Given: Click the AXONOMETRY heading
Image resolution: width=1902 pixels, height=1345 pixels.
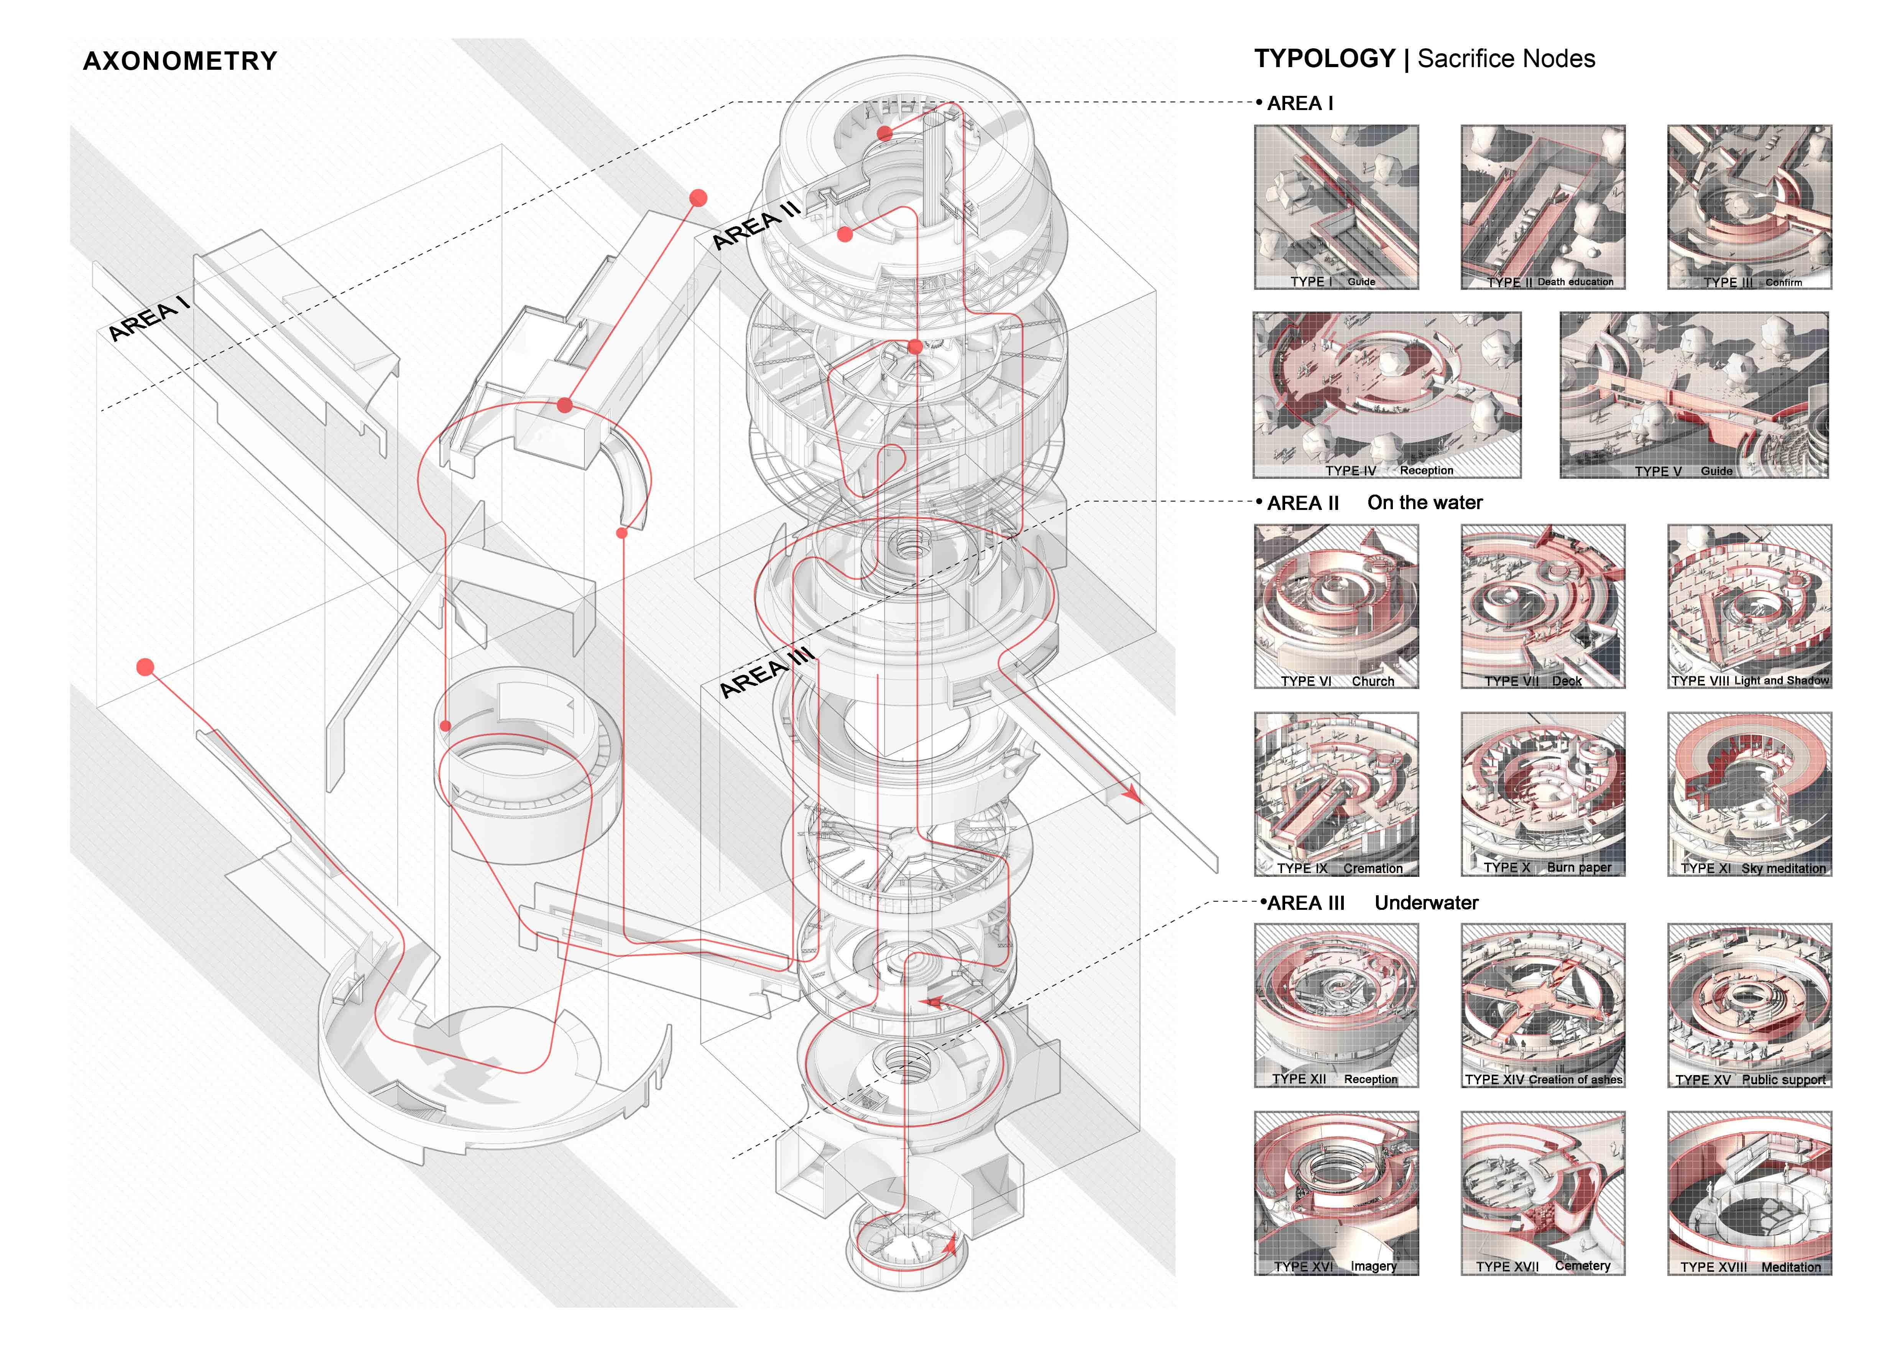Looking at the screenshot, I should tap(180, 61).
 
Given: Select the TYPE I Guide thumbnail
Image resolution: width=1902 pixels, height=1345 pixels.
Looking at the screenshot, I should tap(1335, 207).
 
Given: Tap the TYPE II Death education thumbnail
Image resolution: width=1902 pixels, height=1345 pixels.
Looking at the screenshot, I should tap(1542, 207).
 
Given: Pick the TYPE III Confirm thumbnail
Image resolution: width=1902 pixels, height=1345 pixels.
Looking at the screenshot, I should tap(1749, 207).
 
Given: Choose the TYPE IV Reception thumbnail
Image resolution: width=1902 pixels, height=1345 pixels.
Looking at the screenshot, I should tap(1387, 395).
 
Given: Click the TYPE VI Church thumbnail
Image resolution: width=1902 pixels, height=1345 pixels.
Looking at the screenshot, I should tap(1335, 606).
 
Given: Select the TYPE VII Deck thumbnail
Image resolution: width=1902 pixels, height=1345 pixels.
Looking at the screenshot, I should tap(1542, 606).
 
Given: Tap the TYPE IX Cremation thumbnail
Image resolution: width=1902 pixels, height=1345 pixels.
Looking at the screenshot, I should tap(1335, 793).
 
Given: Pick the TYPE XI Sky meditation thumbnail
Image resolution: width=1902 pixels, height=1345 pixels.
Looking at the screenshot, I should tap(1749, 793).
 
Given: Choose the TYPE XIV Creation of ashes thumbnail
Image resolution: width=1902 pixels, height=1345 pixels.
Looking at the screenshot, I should tap(1542, 1005).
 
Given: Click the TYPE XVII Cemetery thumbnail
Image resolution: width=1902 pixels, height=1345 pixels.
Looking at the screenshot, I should tap(1542, 1193).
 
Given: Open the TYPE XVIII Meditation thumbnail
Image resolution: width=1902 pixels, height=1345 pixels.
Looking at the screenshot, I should tap(1749, 1193).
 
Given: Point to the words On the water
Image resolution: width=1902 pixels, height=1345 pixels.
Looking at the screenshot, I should tap(1425, 503).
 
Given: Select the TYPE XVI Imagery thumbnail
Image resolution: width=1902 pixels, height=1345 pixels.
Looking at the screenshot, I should tap(1335, 1193).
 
